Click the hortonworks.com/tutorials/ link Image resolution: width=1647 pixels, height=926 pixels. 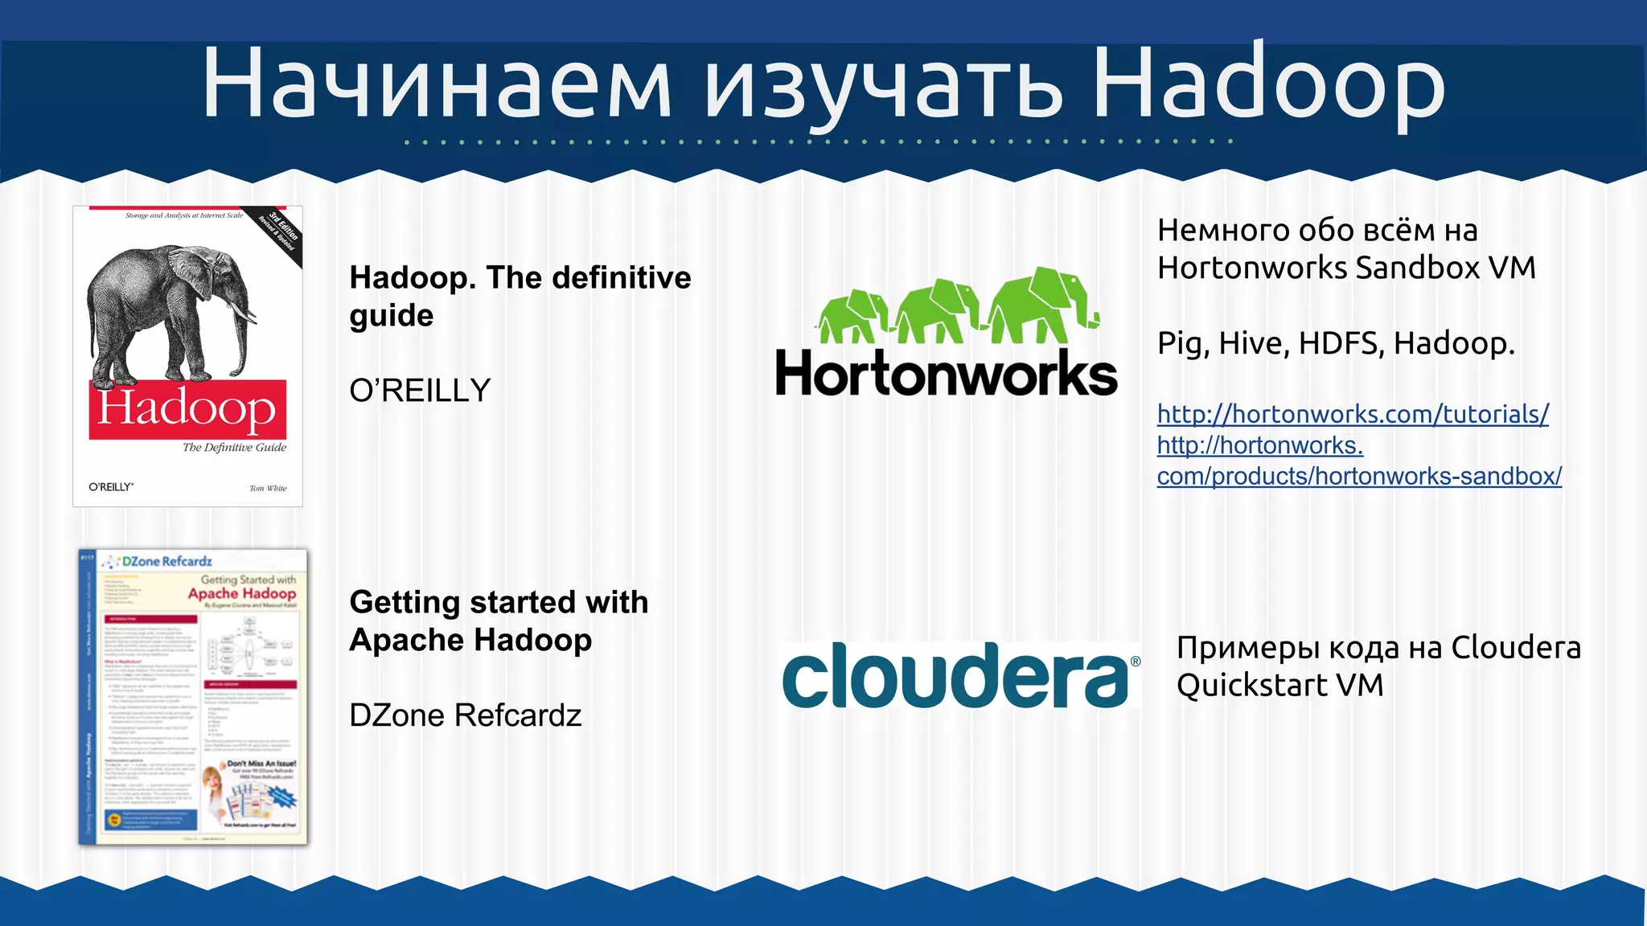click(x=1353, y=414)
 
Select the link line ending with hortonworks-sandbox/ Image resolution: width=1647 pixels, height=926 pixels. click(x=1359, y=476)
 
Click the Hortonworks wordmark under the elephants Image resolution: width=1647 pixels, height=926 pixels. click(x=946, y=375)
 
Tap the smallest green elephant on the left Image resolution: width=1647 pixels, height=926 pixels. click(x=851, y=317)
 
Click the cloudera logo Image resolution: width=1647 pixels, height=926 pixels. click(x=955, y=676)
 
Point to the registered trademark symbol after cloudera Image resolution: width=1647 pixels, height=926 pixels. click(x=1136, y=661)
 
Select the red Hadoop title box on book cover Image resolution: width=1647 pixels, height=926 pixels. click(x=187, y=409)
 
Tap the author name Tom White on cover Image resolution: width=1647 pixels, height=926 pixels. click(x=268, y=488)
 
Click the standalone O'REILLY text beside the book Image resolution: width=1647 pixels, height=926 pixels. click(x=420, y=391)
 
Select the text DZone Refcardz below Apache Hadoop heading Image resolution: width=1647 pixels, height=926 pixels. click(x=465, y=715)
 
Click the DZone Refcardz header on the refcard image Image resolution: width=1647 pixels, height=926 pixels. click(x=166, y=561)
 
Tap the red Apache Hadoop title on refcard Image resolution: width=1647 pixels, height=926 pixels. click(x=241, y=593)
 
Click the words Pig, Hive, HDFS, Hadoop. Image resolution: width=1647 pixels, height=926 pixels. click(x=1335, y=343)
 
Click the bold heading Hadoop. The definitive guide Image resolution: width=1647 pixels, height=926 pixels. click(x=520, y=296)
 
